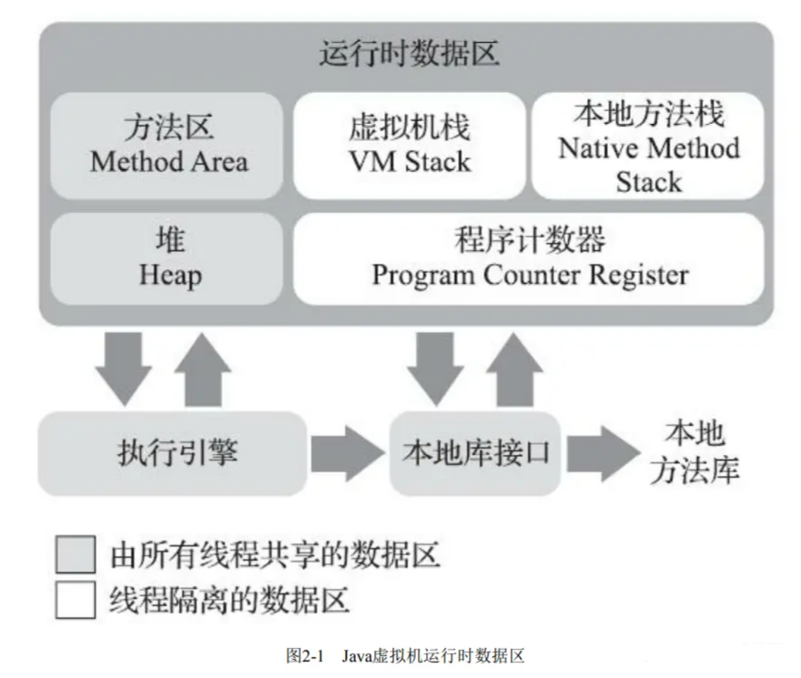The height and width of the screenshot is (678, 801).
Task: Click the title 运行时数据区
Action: coord(410,53)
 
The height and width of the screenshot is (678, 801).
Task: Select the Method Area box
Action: coord(167,146)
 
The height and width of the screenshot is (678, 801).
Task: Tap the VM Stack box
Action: coord(410,146)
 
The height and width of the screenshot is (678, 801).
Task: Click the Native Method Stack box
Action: coord(648,146)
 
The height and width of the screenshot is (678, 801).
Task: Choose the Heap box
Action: coord(167,259)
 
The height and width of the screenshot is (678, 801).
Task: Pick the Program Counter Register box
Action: coord(529,259)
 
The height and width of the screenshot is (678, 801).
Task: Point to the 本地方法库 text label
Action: coord(695,452)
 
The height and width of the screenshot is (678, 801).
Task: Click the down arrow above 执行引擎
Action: coord(124,369)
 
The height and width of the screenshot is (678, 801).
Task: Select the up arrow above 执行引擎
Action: coord(203,369)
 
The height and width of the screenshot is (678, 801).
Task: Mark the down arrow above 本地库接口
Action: coord(435,369)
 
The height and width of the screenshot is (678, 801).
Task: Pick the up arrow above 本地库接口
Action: coord(515,369)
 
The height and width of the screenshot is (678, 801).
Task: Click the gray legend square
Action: coord(76,554)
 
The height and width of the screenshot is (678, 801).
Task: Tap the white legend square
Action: coord(76,600)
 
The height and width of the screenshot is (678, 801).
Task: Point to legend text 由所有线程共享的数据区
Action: coord(275,555)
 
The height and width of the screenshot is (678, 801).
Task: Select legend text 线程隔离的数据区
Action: coord(229,600)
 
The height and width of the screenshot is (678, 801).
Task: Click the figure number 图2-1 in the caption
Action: coord(305,655)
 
